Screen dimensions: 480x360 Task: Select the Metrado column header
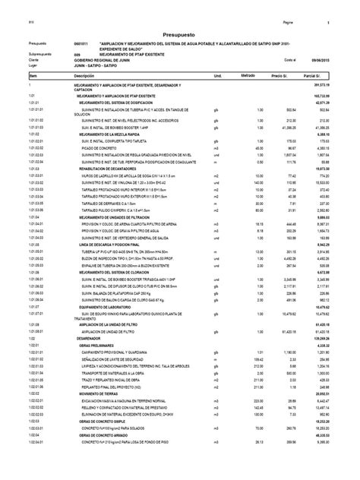pos(249,77)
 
